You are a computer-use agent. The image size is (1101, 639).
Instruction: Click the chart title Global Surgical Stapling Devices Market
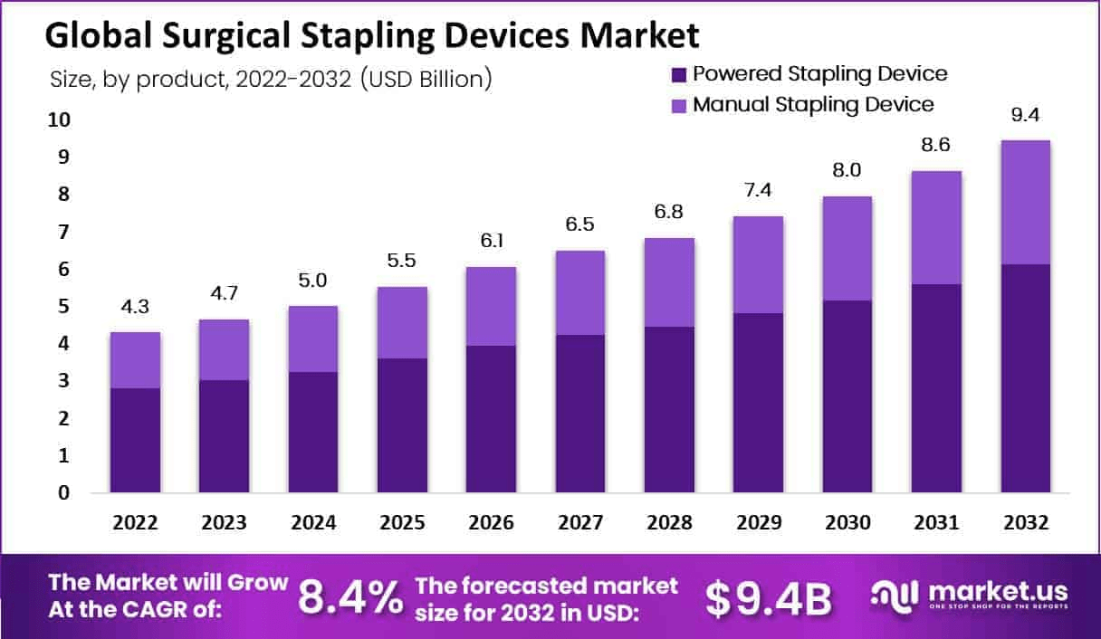[x=371, y=35]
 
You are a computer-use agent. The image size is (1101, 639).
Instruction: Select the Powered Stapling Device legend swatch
[x=679, y=74]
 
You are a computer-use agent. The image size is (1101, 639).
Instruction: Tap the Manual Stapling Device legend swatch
[x=679, y=105]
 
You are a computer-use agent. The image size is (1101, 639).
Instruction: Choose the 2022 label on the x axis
[x=136, y=523]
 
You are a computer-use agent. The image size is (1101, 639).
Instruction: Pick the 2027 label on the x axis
[x=580, y=523]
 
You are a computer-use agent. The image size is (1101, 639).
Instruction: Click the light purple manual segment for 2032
[x=1025, y=202]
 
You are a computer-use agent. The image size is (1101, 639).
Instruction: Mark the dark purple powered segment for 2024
[x=313, y=432]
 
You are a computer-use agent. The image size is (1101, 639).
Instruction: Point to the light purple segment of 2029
[x=758, y=264]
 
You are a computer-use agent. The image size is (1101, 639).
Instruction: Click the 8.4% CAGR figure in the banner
[x=351, y=597]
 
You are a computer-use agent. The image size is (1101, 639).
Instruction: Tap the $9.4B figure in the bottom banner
[x=769, y=597]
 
